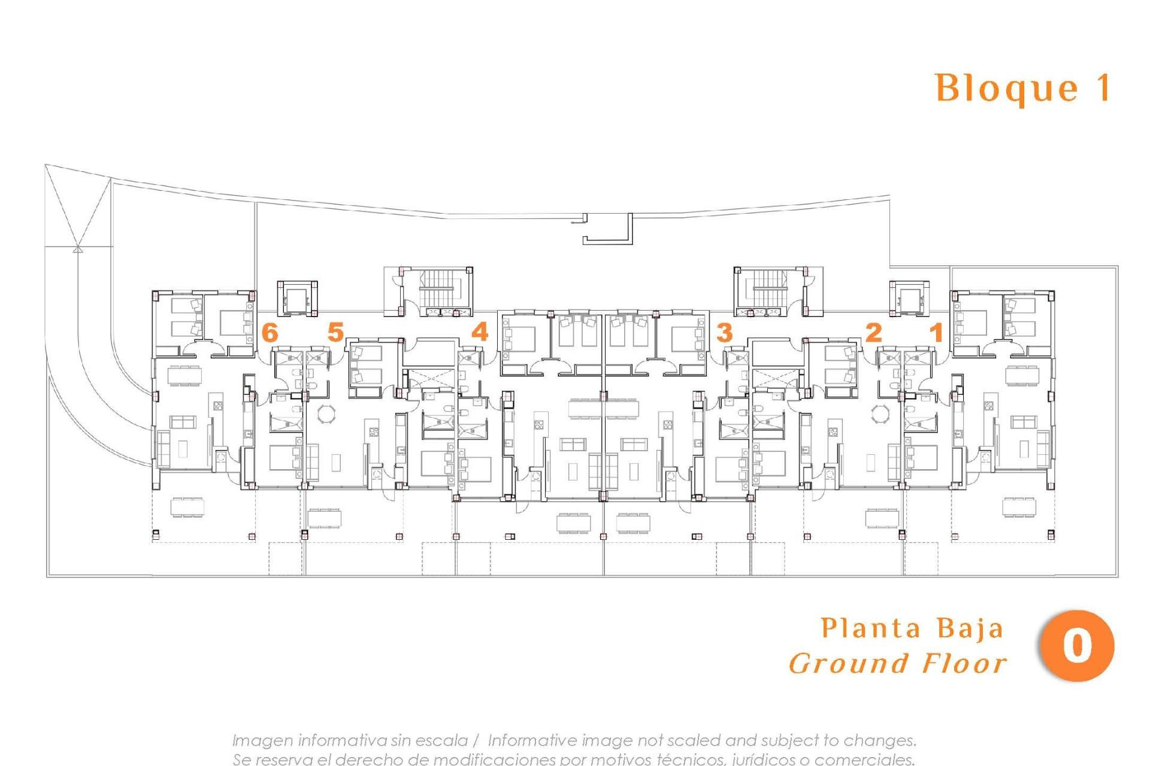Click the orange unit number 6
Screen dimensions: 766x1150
coord(270,332)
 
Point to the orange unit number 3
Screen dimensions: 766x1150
coord(724,332)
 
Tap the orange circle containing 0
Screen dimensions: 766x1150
coord(1077,646)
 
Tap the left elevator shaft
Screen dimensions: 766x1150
coord(296,297)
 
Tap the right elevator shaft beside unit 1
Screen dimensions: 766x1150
coord(909,297)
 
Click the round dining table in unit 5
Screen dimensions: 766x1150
coord(327,414)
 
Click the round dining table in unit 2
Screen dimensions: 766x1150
coord(880,414)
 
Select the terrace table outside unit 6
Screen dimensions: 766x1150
coord(187,507)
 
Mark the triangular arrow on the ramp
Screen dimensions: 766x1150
coord(77,248)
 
